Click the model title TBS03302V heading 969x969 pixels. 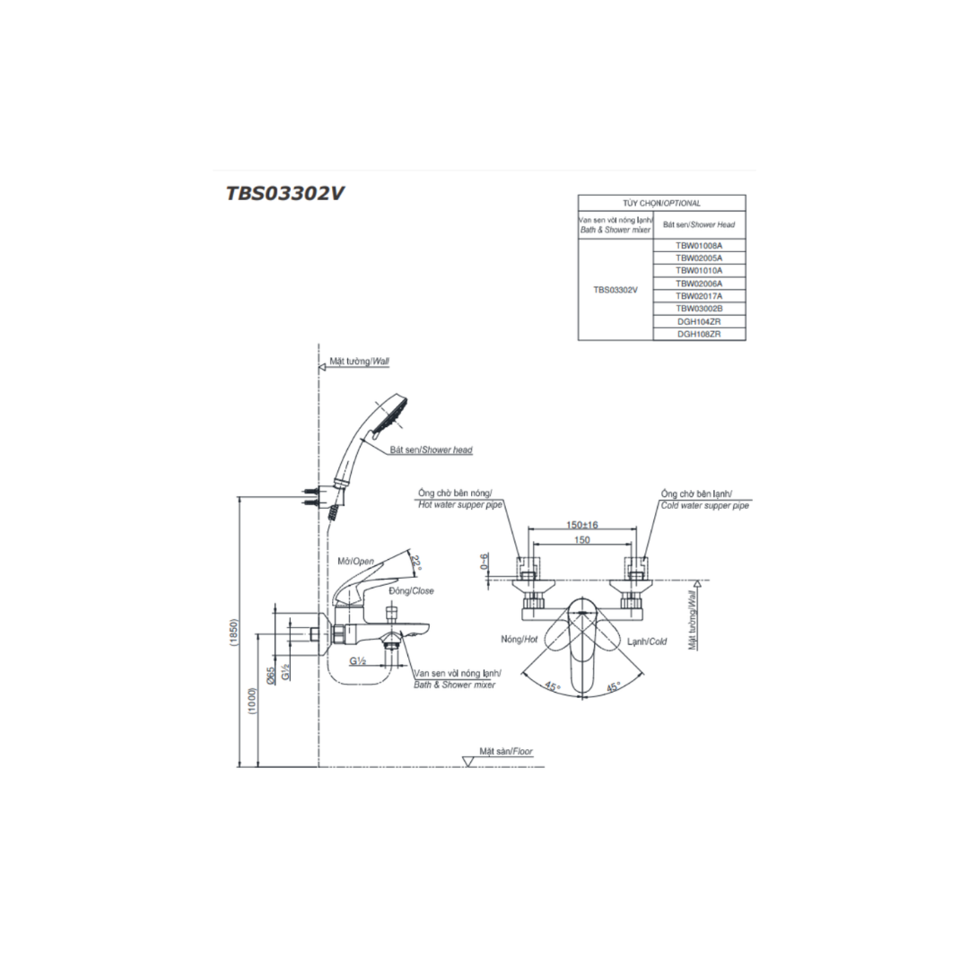[x=284, y=194]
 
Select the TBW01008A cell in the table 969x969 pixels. [x=699, y=245]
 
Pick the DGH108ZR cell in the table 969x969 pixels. [x=699, y=334]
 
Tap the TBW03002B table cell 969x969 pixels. [x=699, y=309]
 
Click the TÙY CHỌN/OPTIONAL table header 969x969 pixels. [x=661, y=203]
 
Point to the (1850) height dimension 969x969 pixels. [x=233, y=632]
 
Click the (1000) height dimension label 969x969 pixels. [x=252, y=701]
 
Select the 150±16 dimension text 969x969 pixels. [x=582, y=525]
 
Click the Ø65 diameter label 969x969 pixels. [x=271, y=675]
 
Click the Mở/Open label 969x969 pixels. [x=355, y=561]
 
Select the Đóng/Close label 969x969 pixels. [x=412, y=590]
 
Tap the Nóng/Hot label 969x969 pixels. [x=519, y=640]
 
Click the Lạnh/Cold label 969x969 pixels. [x=647, y=642]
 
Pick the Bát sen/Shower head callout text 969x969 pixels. [x=431, y=450]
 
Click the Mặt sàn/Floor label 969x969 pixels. [x=506, y=752]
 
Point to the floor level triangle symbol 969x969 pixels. [x=468, y=762]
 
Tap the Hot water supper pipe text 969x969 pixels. [x=459, y=505]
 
